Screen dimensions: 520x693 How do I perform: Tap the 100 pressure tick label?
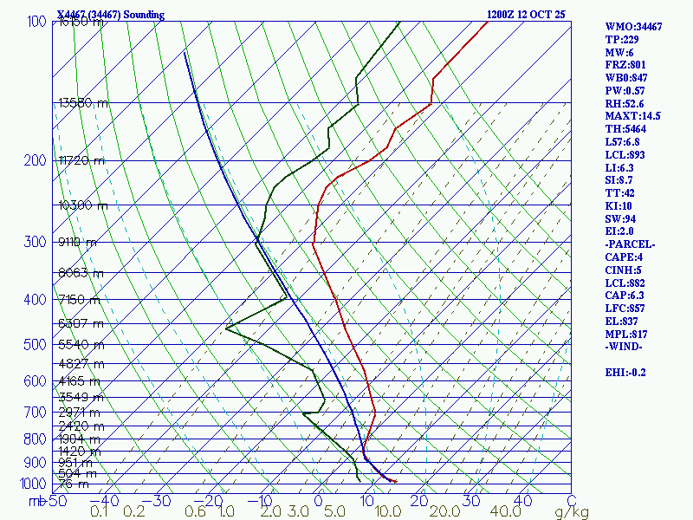[36, 21]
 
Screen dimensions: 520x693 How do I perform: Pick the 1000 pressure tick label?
[35, 484]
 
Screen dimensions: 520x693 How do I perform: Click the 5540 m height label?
[81, 344]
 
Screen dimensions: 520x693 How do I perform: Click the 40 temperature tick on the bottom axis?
[521, 500]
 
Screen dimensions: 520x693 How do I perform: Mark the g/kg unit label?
[571, 512]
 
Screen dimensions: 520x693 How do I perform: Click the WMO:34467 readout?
[633, 27]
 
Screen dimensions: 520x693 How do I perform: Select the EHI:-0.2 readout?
[628, 372]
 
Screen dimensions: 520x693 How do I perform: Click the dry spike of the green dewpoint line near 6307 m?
[227, 328]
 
